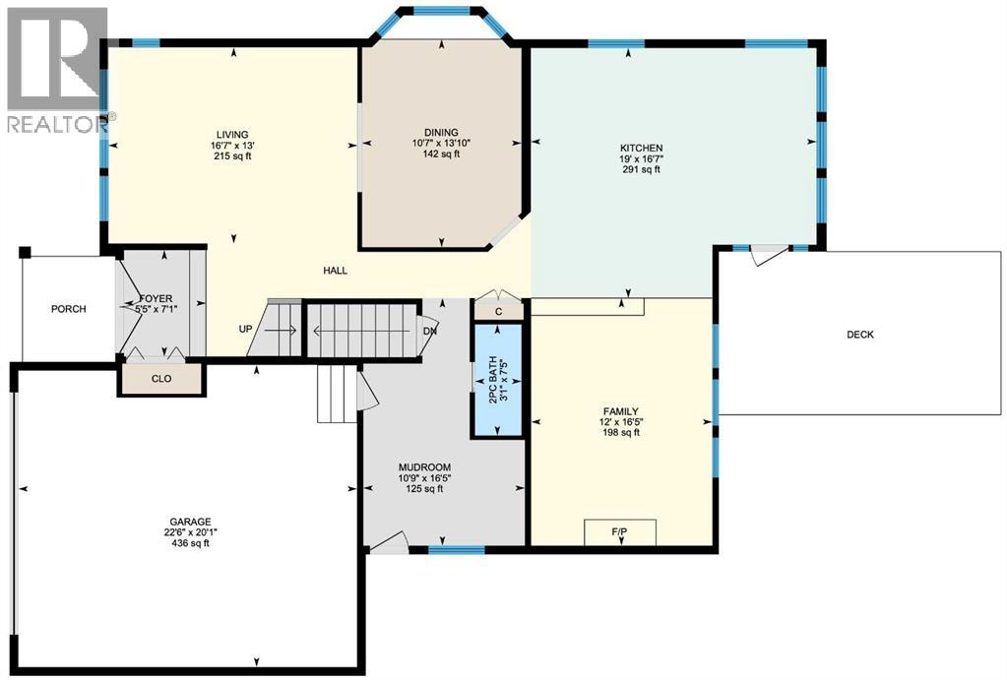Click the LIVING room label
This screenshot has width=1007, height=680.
tap(233, 135)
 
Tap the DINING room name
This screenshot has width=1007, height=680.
tap(440, 131)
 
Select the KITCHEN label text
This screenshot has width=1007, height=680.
tap(641, 148)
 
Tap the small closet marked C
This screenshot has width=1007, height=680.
tap(499, 311)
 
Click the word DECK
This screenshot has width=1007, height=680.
tap(859, 335)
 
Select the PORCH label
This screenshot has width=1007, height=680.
tap(69, 309)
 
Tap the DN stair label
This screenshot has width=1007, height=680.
tap(429, 332)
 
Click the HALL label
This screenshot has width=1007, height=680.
tap(334, 271)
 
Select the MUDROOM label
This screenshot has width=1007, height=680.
tap(424, 467)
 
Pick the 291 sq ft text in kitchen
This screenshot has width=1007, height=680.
tap(641, 169)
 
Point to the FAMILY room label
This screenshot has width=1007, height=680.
tap(621, 411)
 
